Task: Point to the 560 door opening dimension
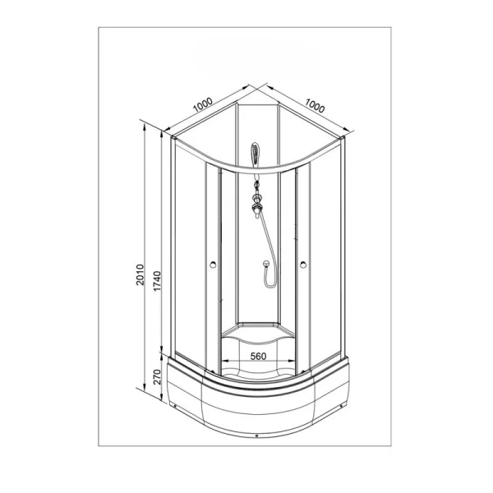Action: (256, 357)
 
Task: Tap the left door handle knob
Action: (213, 265)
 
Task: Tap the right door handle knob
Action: (304, 265)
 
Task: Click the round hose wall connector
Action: (266, 265)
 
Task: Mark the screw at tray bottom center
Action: (258, 435)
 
